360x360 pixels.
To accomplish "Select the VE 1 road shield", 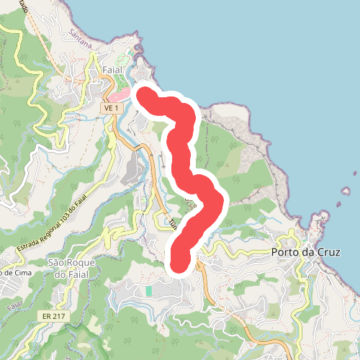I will coord(110,107).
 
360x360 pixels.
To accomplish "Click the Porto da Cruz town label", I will coord(305,253).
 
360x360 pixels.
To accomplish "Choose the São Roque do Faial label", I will coord(71,269).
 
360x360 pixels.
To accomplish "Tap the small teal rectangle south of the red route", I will coord(148,291).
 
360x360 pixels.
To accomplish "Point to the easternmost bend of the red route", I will coord(217,201).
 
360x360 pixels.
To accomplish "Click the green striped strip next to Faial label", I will coord(130,65).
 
